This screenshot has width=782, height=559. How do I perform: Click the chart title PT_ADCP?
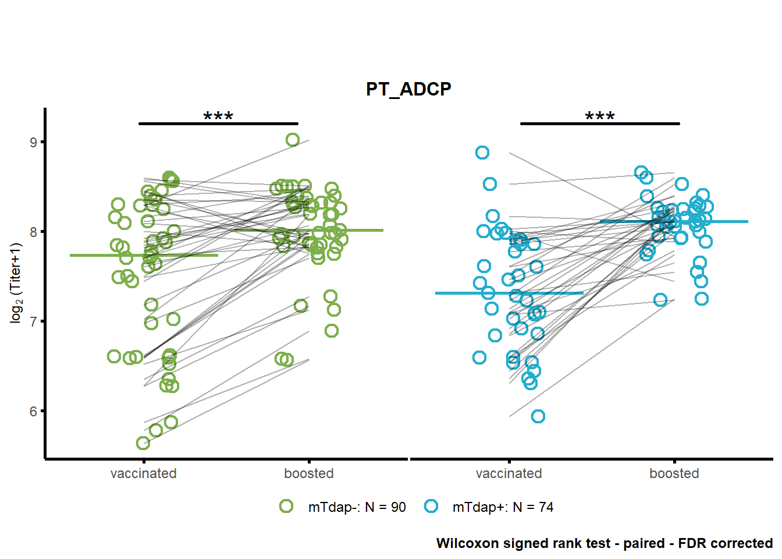point(408,89)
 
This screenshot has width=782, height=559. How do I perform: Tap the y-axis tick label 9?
point(34,142)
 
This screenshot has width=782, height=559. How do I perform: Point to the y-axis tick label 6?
point(34,412)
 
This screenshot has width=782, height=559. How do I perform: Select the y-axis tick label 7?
point(34,322)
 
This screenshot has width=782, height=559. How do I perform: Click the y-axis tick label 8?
point(34,232)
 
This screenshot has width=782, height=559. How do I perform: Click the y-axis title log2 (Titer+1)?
point(16,284)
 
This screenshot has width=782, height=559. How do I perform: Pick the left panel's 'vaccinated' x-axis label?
point(144,473)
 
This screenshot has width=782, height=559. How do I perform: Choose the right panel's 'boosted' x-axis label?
point(674,473)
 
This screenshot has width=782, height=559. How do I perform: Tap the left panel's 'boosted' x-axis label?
point(308,473)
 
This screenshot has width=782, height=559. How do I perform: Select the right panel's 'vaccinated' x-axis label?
point(509,473)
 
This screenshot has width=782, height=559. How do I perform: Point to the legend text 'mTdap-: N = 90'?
point(357,507)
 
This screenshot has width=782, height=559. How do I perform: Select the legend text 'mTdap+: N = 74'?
point(503,507)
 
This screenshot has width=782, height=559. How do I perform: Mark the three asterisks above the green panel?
point(218,116)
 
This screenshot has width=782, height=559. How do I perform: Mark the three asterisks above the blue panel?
point(600,116)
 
